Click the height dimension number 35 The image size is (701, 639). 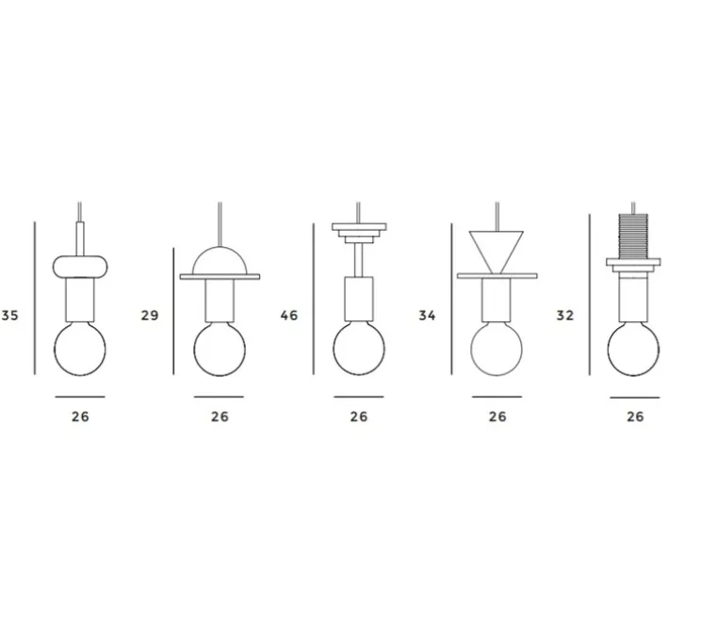[9, 316]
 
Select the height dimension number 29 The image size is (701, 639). [150, 316]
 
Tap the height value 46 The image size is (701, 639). [289, 316]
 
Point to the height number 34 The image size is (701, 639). [427, 316]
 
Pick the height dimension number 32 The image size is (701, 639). [564, 316]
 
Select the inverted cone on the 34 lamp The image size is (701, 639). [497, 251]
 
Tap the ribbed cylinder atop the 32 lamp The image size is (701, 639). [633, 237]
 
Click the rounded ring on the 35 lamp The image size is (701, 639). [80, 267]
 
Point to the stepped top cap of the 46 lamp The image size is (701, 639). [359, 233]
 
